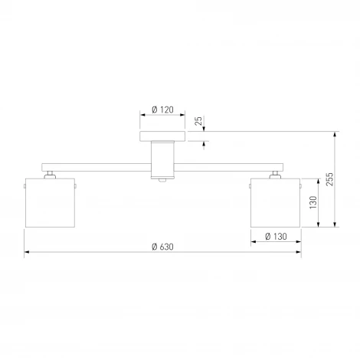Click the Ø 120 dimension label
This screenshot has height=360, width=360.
click(162, 110)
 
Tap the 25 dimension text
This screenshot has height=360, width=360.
click(198, 120)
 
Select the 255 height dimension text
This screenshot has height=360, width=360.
click(329, 179)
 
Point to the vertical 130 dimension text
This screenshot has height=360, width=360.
click(313, 202)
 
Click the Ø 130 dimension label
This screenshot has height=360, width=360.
click(276, 237)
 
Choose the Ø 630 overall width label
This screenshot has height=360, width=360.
click(162, 247)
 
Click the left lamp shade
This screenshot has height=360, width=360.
click(50, 203)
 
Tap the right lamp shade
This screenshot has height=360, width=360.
click(275, 203)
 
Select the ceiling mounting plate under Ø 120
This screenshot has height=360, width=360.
click(162, 136)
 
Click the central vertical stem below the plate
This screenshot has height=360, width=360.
click(162, 159)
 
